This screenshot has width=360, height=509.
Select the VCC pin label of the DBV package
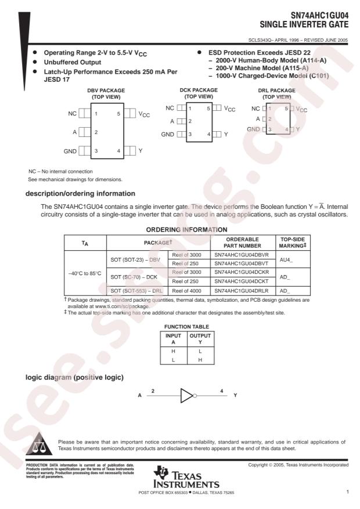(144, 114)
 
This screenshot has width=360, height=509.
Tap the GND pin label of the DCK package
(167, 134)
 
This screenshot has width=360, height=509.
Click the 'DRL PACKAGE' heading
(276, 91)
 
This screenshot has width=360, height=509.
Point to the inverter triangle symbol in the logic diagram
(188, 396)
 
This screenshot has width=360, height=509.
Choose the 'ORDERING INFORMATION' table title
(180, 230)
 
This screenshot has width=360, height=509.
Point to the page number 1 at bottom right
(347, 493)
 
